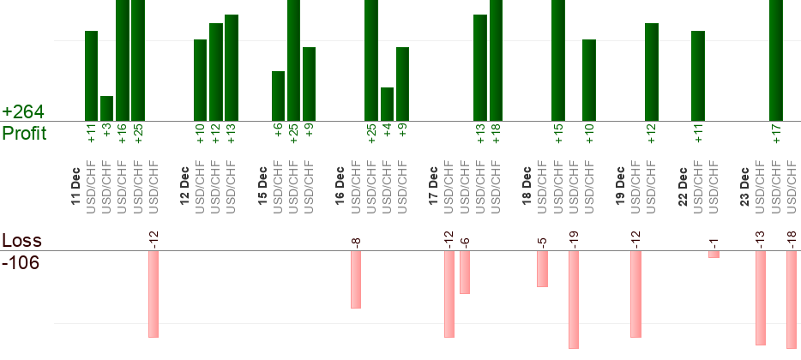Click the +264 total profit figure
coord(22,112)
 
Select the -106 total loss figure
coord(21,262)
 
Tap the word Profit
coord(24,133)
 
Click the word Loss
coord(21,240)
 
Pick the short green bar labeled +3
coord(106,108)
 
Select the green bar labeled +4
coord(387,104)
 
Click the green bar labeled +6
coord(278,95)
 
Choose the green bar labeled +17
coord(776,60)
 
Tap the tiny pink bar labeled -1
coord(714,255)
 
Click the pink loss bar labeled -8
coord(356,279)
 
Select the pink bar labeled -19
coord(574,299)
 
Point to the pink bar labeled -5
coord(542,269)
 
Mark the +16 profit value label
coord(123,133)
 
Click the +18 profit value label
coord(497,133)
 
